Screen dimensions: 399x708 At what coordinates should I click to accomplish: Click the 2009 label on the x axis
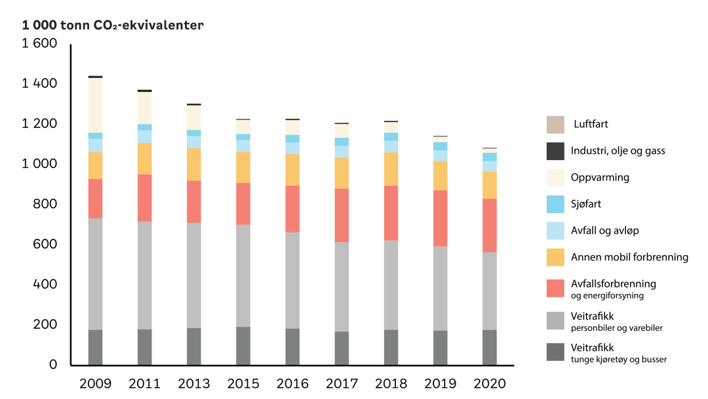95,384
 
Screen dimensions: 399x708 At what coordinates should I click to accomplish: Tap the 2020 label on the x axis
490,384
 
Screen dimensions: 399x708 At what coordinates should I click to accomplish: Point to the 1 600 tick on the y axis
40,44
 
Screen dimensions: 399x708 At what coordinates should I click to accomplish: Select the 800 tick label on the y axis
46,204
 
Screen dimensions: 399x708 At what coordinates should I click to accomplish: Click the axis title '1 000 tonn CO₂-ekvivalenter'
113,26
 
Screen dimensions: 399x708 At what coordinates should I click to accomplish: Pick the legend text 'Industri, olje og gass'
618,151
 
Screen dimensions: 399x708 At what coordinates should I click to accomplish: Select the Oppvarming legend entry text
601,177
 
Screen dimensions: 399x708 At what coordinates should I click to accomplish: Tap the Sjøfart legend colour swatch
555,204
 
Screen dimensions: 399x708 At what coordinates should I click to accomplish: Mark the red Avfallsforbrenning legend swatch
555,287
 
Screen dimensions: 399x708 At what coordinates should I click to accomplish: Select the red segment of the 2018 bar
391,213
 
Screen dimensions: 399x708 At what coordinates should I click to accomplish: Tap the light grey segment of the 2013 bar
193,275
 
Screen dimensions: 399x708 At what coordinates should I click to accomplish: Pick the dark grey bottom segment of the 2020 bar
490,347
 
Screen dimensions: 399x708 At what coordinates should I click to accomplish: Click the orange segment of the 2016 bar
292,170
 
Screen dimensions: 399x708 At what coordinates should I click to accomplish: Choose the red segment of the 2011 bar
144,198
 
